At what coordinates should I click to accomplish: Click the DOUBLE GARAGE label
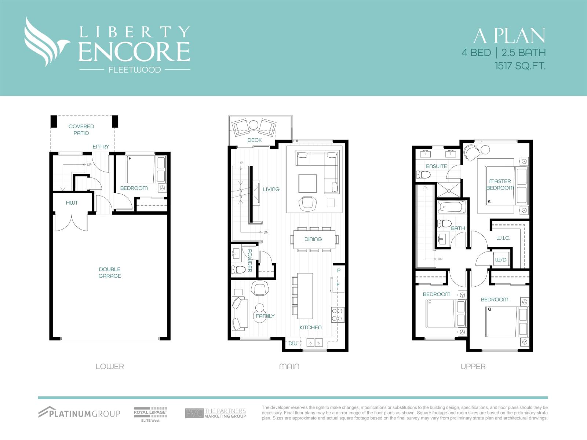(109, 272)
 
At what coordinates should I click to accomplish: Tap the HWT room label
(72, 203)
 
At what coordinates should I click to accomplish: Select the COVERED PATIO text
(81, 129)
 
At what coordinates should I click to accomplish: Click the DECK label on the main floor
(254, 140)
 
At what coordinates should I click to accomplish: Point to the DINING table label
(313, 239)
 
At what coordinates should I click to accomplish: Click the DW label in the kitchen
(292, 344)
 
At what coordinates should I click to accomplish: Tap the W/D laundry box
(501, 260)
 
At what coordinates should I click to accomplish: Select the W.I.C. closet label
(503, 238)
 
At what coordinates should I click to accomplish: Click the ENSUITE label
(436, 166)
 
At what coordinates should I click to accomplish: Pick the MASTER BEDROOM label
(500, 184)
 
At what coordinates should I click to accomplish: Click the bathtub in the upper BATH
(452, 207)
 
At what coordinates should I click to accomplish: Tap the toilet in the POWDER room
(239, 270)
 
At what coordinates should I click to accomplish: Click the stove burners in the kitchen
(338, 315)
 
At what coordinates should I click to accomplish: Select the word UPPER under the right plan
(473, 366)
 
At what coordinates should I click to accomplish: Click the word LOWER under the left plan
(110, 366)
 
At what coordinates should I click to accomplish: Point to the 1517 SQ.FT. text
(520, 66)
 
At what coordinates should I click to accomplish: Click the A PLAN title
(509, 36)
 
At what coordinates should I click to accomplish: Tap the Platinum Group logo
(79, 413)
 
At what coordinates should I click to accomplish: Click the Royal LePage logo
(150, 413)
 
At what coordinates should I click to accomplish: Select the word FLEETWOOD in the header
(135, 70)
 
